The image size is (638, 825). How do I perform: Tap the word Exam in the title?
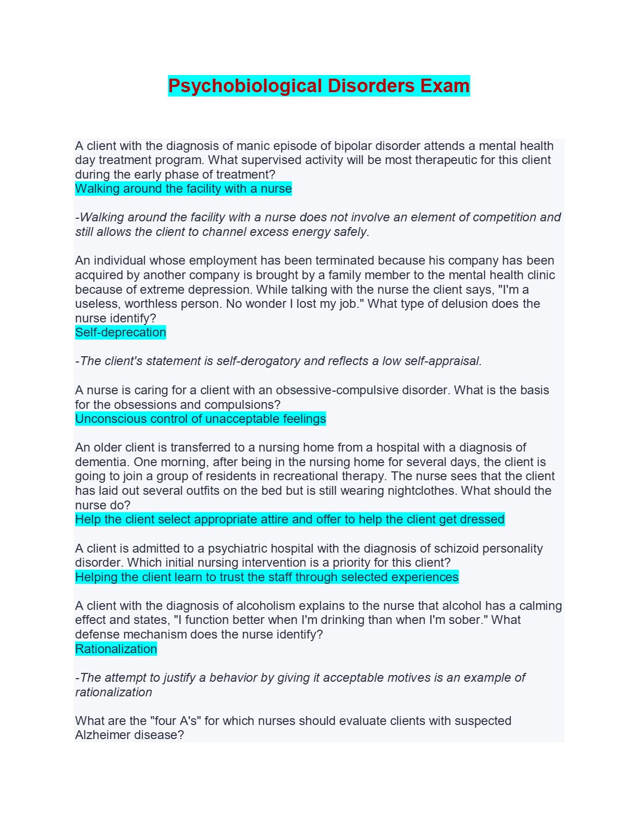(445, 85)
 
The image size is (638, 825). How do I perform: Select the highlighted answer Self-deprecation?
(120, 332)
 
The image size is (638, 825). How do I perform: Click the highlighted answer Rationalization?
(116, 649)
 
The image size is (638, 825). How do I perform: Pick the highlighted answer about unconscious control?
(200, 419)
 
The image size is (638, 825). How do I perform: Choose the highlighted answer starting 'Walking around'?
(183, 189)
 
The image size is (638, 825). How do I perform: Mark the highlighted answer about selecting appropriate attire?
(289, 519)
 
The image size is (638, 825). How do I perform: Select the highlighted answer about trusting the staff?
(266, 577)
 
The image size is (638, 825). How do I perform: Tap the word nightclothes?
(407, 491)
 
